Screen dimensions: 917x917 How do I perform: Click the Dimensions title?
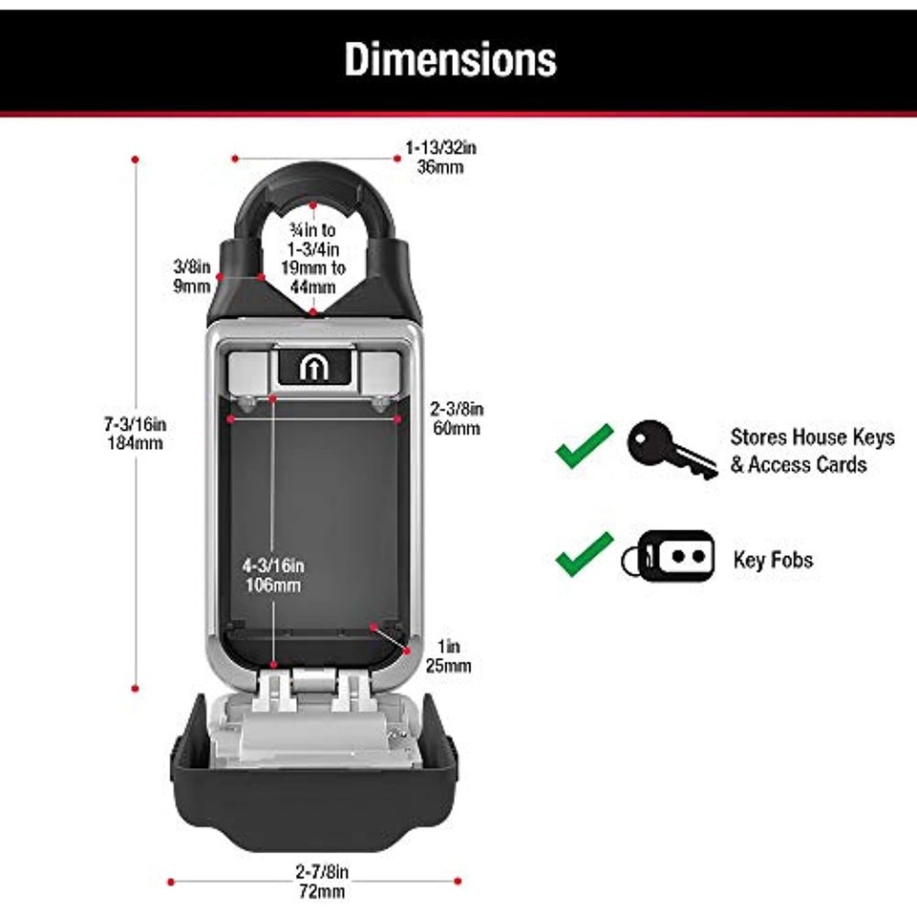click(x=450, y=59)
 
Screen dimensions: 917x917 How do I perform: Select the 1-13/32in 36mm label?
click(x=440, y=157)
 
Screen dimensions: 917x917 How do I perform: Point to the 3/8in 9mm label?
click(x=185, y=275)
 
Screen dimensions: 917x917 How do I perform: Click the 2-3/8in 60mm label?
click(x=457, y=418)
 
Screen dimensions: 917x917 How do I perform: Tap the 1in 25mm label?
click(x=448, y=657)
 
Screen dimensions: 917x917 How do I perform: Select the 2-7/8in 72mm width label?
click(x=321, y=882)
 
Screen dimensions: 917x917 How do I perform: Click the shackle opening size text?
click(x=312, y=258)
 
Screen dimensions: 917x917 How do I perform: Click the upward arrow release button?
click(x=312, y=368)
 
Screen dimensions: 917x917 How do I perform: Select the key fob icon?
click(x=668, y=556)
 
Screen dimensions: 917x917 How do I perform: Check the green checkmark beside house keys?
click(x=584, y=446)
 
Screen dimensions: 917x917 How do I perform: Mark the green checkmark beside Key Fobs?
click(x=584, y=554)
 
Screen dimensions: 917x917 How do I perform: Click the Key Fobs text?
click(x=773, y=560)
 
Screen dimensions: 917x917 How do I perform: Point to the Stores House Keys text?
click(x=812, y=437)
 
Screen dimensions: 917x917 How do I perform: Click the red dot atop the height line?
click(x=136, y=158)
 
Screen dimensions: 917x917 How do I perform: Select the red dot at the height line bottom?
click(x=136, y=687)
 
